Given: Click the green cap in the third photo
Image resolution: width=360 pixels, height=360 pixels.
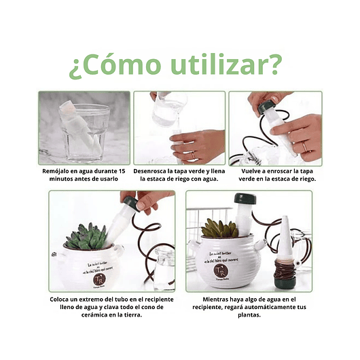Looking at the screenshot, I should [x=266, y=107].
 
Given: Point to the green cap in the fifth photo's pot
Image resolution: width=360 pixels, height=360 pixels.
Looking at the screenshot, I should [x=245, y=200].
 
